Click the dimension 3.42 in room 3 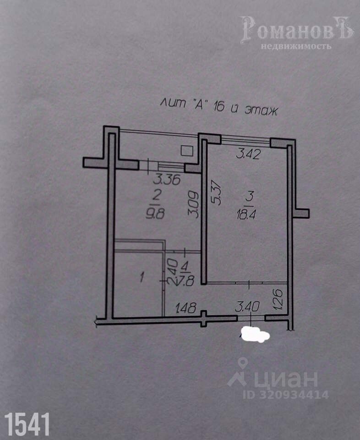point(248,154)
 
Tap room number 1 point(142,277)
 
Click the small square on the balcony point(186,150)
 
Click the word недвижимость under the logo point(296,46)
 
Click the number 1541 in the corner point(27,424)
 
